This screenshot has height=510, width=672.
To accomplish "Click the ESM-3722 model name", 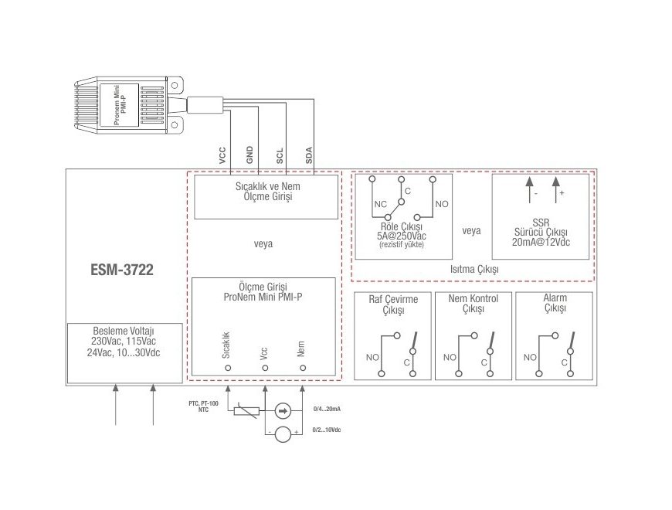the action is (122, 270).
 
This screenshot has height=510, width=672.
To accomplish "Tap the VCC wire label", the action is (222, 155).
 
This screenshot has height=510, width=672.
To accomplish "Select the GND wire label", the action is (249, 155).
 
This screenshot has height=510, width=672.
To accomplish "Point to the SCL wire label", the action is (280, 156).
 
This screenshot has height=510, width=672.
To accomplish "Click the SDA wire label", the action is (309, 155).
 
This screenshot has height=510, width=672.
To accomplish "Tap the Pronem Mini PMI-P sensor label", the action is (120, 105).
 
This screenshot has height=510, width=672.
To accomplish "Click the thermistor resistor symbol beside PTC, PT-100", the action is (246, 411).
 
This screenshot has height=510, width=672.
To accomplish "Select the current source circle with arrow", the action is (283, 411).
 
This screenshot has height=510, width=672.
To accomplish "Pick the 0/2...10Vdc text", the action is (327, 430).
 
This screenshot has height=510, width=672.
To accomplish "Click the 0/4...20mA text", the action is (327, 409).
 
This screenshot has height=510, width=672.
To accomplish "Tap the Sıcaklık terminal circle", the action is (228, 368).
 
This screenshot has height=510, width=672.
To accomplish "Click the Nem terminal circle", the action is (303, 368).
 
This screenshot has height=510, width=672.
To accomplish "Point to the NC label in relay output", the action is (380, 205).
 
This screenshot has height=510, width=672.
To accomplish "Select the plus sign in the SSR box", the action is (562, 193).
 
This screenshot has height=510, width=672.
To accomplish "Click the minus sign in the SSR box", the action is (536, 194).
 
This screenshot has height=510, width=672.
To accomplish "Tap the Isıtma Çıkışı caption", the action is (474, 269).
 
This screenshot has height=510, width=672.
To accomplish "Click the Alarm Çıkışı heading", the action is (555, 303).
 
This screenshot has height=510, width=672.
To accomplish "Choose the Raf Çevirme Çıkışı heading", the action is (393, 304).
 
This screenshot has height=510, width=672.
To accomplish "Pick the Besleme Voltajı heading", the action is (124, 331).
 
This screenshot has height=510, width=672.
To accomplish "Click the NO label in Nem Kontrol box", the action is (450, 358).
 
